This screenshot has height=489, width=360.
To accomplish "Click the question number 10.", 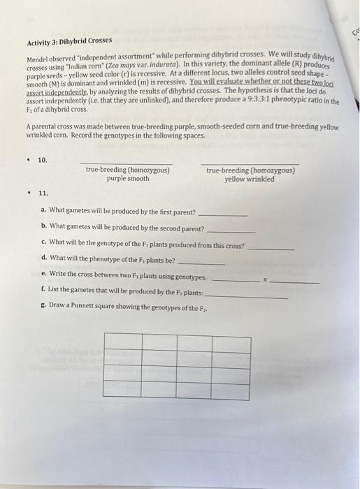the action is click(43, 160).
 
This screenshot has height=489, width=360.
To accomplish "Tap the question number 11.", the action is click(43, 193).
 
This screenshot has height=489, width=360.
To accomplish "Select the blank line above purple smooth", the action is click(127, 163).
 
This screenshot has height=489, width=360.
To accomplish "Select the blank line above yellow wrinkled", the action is click(250, 163).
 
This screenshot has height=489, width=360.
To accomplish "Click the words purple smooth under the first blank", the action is click(127, 179).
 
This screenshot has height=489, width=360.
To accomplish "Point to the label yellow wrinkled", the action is click(250, 179).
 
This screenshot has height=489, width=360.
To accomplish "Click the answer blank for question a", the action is click(223, 214).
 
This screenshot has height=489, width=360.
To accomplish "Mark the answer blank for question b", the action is click(232, 231).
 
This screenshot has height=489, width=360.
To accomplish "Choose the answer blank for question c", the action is click(271, 249).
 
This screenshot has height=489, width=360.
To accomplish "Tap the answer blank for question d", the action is click(203, 263).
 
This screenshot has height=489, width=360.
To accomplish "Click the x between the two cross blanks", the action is click(264, 279).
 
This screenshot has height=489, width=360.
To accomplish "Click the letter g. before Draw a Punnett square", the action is click(43, 308).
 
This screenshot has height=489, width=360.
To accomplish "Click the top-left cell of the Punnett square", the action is click(122, 340).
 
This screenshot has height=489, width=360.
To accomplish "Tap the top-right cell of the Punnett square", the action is click(231, 340).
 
